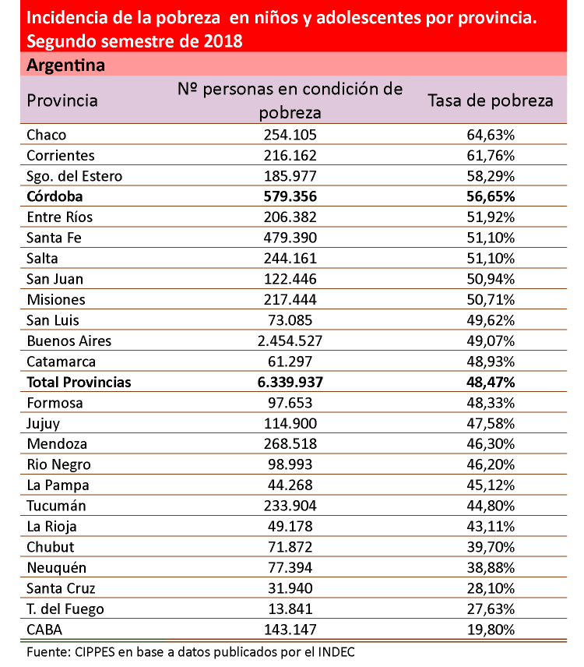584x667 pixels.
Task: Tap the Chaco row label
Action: [47, 135]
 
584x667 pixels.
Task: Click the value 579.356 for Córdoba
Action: [290, 196]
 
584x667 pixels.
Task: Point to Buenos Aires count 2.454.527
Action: [290, 341]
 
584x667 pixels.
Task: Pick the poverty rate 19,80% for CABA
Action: [491, 630]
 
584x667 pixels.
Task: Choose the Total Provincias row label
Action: [79, 383]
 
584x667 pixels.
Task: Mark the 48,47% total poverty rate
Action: [491, 383]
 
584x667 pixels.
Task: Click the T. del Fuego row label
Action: [65, 609]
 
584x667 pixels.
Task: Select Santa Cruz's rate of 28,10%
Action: [491, 588]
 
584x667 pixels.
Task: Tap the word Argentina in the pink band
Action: [65, 65]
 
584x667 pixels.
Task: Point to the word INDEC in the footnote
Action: [342, 651]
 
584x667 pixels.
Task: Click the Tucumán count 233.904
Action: [290, 506]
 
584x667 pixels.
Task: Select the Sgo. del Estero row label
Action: [74, 176]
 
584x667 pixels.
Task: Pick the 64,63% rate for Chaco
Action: [491, 135]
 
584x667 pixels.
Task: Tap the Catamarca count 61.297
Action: [290, 362]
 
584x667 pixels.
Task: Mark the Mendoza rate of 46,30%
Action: [491, 444]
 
